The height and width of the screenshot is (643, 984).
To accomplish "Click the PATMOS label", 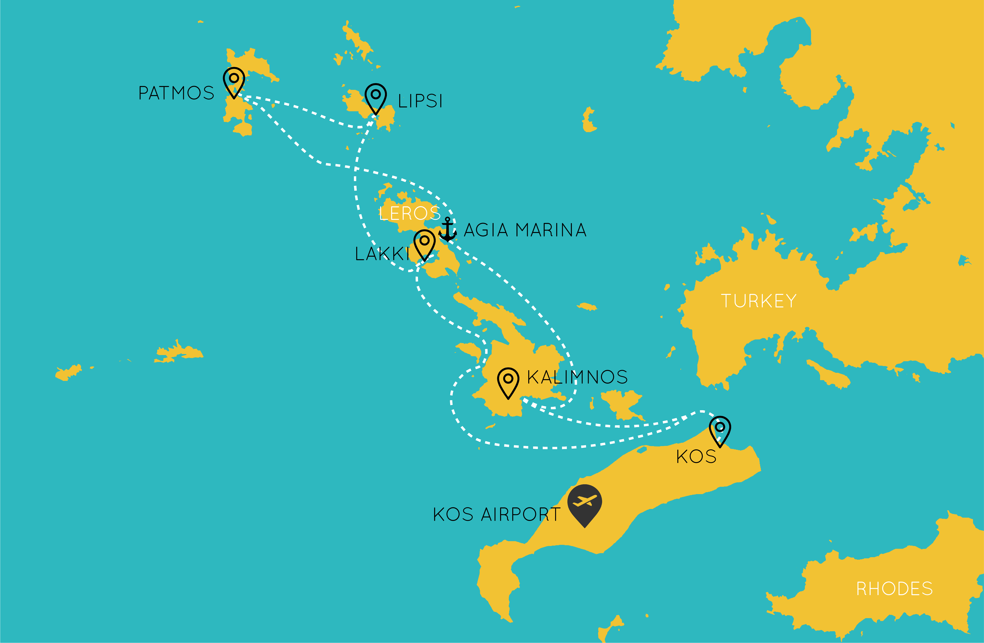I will (x=176, y=93).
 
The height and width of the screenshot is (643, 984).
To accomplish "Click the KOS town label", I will (x=696, y=457).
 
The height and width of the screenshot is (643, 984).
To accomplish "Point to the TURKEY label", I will (x=758, y=301).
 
